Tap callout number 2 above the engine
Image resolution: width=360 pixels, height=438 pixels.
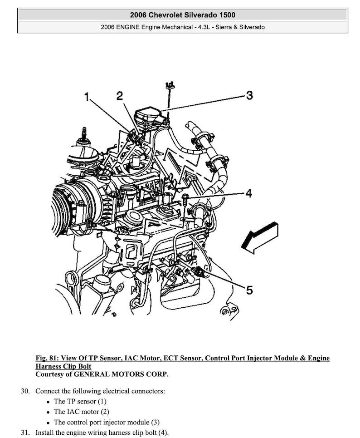(119, 96)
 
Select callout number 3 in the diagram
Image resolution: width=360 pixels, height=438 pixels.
(249, 95)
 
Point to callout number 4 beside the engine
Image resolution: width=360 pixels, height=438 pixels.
(248, 194)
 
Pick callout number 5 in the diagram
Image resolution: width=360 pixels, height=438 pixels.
(249, 290)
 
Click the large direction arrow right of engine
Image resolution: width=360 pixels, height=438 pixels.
(259, 236)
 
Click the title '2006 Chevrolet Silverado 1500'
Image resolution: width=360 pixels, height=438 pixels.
(182, 15)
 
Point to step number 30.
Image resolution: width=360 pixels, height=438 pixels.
(25, 391)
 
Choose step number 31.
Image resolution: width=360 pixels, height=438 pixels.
(25, 432)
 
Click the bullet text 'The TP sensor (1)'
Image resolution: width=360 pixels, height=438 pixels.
(80, 401)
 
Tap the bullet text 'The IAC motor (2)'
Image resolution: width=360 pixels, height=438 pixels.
(82, 412)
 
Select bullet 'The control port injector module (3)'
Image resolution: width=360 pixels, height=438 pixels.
(107, 422)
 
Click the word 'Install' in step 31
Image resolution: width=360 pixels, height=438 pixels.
(45, 432)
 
